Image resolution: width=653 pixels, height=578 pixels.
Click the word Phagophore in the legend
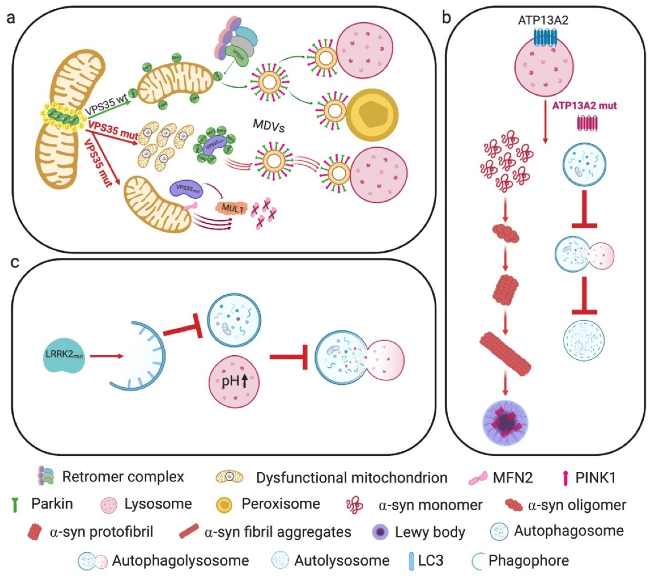coord(529,560)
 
